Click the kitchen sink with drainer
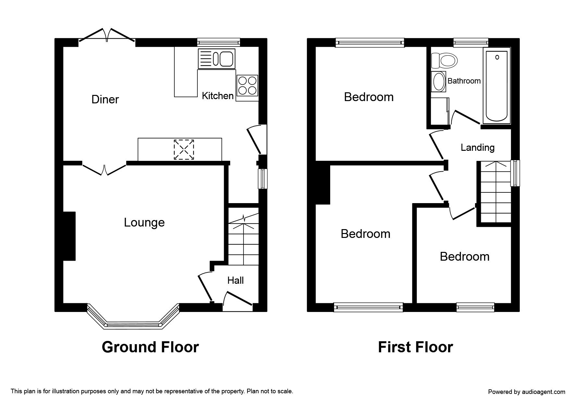click(x=216, y=59)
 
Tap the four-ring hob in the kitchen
click(x=247, y=85)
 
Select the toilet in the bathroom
click(x=444, y=60)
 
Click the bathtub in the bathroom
click(x=497, y=86)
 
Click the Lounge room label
click(x=144, y=222)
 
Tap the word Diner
click(x=105, y=99)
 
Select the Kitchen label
click(x=218, y=96)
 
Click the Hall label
click(x=235, y=280)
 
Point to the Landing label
click(x=478, y=148)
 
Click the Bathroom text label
click(x=464, y=81)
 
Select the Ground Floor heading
click(x=150, y=347)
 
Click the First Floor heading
click(x=415, y=347)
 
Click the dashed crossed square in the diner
click(x=184, y=149)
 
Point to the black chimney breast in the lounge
click(x=69, y=236)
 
